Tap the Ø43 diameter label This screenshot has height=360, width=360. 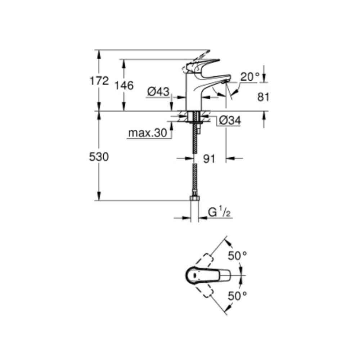click(158, 92)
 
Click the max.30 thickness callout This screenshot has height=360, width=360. click(148, 134)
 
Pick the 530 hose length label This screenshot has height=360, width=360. click(99, 157)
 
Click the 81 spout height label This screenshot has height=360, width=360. click(264, 96)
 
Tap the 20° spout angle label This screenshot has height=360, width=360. click(250, 77)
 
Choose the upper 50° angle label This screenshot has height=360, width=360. click(237, 256)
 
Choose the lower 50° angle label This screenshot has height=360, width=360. click(237, 296)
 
